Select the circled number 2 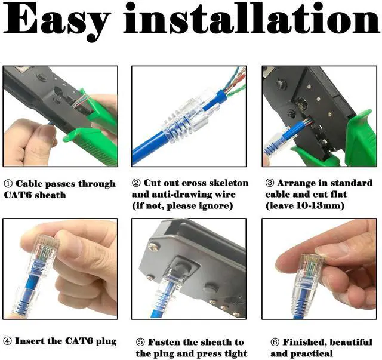click(x=136, y=183)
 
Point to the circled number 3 click(x=269, y=183)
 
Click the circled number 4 click(x=8, y=341)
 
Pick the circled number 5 click(x=140, y=342)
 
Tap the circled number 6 click(x=275, y=342)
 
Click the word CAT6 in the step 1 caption click(x=17, y=195)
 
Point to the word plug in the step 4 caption click(x=106, y=341)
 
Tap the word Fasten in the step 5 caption click(x=164, y=342)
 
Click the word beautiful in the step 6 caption click(x=351, y=342)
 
